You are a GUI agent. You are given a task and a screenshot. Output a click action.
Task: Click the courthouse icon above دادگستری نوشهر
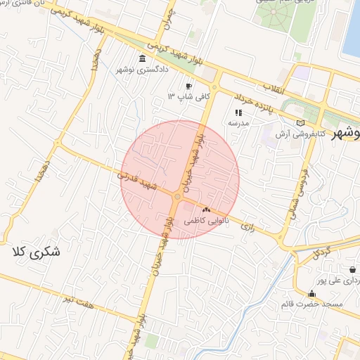tap(143, 58)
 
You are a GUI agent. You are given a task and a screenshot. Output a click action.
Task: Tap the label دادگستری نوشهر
tap(143, 70)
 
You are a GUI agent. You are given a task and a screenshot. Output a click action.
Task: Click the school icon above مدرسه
tap(238, 112)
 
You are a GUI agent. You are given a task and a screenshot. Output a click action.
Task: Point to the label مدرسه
tap(238, 123)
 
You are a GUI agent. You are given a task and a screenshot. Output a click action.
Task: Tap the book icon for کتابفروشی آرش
tap(301, 122)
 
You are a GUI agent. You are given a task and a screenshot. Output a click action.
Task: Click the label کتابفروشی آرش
tap(301, 133)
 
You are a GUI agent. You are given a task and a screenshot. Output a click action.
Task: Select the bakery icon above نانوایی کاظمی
tap(206, 210)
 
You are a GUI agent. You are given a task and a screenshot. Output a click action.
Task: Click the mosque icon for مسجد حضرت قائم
tap(311, 293)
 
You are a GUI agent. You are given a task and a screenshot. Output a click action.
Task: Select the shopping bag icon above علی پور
tap(352, 269)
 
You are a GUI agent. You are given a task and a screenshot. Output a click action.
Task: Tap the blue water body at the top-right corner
tap(352, 28)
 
